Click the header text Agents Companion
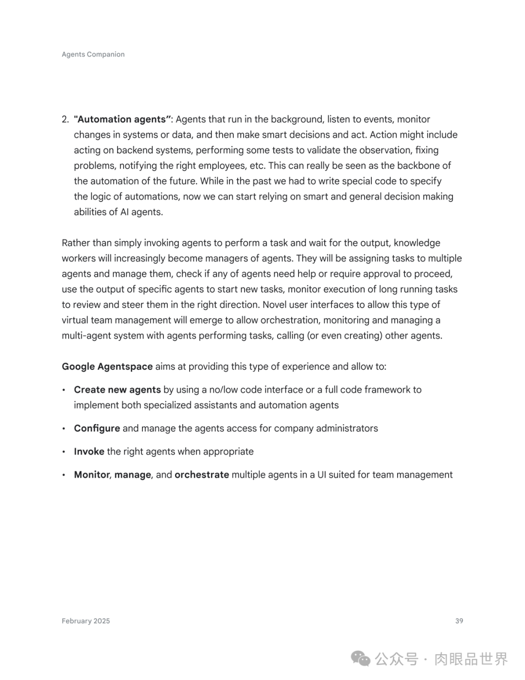pyautogui.click(x=93, y=54)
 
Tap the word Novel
pyautogui.click(x=275, y=304)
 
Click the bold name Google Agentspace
pyautogui.click(x=107, y=366)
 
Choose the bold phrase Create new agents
pyautogui.click(x=117, y=390)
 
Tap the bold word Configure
pyautogui.click(x=97, y=428)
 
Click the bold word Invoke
pyautogui.click(x=89, y=451)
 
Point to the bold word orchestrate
pyautogui.click(x=202, y=475)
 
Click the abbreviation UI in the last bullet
pyautogui.click(x=321, y=475)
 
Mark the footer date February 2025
pyautogui.click(x=86, y=621)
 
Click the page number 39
pyautogui.click(x=459, y=621)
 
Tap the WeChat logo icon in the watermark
pyautogui.click(x=361, y=659)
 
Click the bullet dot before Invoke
pyautogui.click(x=64, y=452)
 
